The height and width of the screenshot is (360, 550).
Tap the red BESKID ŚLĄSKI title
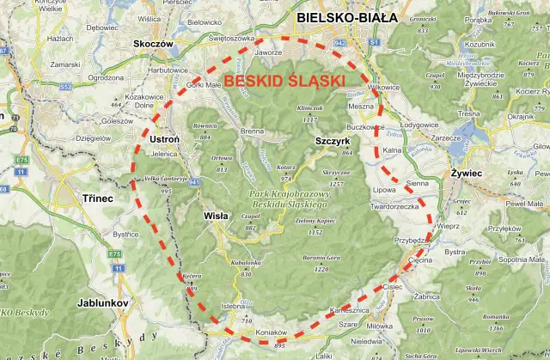(x=284, y=81)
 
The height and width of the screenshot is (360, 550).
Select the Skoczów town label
(x=155, y=42)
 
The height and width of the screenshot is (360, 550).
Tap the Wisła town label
(x=216, y=217)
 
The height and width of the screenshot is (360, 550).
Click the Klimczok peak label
(x=308, y=108)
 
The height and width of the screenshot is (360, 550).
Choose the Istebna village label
(x=233, y=305)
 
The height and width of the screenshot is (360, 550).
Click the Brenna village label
(x=253, y=131)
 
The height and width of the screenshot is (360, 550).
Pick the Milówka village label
(x=379, y=326)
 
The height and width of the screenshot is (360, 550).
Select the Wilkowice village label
(x=383, y=88)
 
